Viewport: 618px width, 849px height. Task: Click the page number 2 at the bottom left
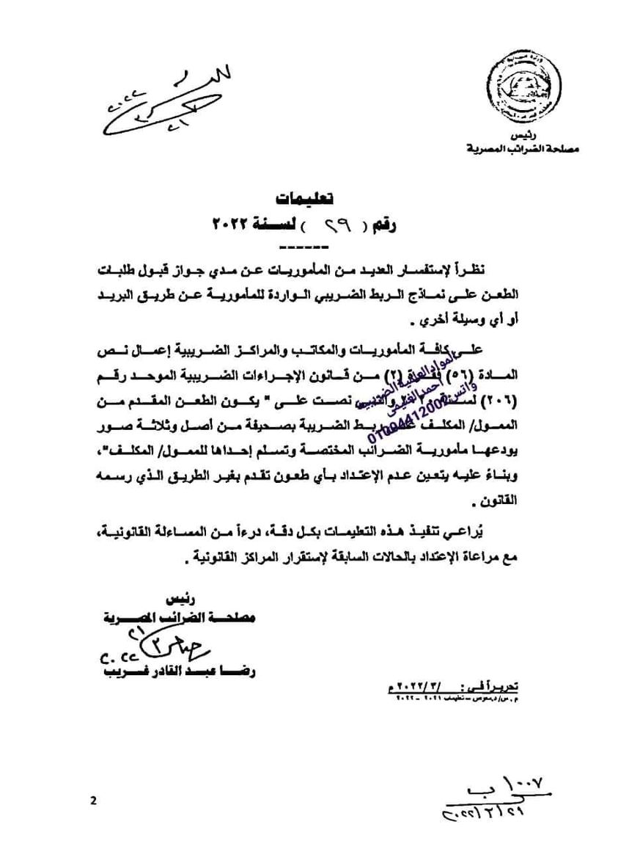tap(94, 800)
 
